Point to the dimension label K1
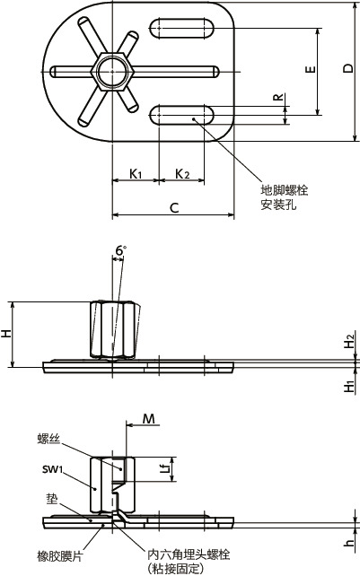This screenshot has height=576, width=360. point(135,172)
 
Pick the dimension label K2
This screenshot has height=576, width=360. point(180,172)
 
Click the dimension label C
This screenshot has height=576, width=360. point(174,208)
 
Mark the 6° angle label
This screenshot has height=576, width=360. point(120,249)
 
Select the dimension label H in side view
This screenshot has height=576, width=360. point(7,334)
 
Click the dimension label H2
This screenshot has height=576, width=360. point(349,343)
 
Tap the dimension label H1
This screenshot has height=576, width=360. point(349,386)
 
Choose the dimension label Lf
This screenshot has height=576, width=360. point(163,467)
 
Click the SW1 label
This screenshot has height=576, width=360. point(52,469)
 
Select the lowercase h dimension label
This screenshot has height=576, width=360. point(349,542)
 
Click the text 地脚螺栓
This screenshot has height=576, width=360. point(284,191)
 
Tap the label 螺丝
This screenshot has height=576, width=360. point(48,438)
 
